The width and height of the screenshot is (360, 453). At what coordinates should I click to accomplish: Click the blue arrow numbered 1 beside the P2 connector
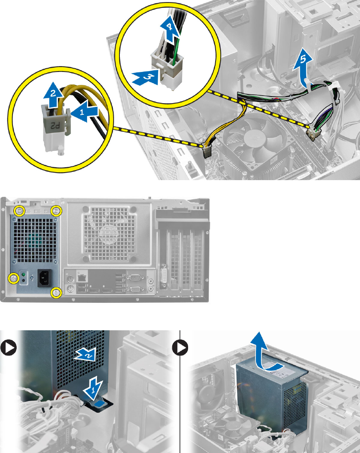point(85,111)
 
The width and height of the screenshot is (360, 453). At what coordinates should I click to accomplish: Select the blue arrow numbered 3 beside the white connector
point(146,76)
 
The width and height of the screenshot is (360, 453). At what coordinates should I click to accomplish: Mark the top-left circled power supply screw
point(19,210)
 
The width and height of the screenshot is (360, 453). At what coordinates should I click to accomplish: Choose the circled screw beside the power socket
point(14,277)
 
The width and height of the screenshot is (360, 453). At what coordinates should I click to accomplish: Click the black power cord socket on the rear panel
point(45,277)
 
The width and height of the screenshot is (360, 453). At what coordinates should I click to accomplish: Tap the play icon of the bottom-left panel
point(8,348)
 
